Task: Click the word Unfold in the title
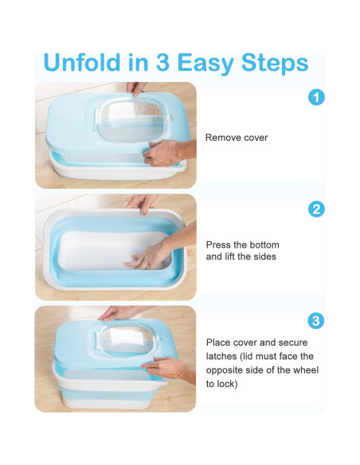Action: click(81, 62)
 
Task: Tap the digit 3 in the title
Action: click(162, 62)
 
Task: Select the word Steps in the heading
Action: click(275, 64)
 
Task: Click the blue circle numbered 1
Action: click(316, 98)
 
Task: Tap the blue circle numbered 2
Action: click(316, 209)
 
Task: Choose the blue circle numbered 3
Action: click(316, 321)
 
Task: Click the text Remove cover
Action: click(237, 138)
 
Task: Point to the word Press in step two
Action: click(218, 245)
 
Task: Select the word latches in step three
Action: click(221, 356)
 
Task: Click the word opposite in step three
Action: click(224, 371)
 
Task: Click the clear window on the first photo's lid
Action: click(132, 120)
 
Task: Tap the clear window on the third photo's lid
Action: click(128, 338)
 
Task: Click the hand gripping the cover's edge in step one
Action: click(166, 153)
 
